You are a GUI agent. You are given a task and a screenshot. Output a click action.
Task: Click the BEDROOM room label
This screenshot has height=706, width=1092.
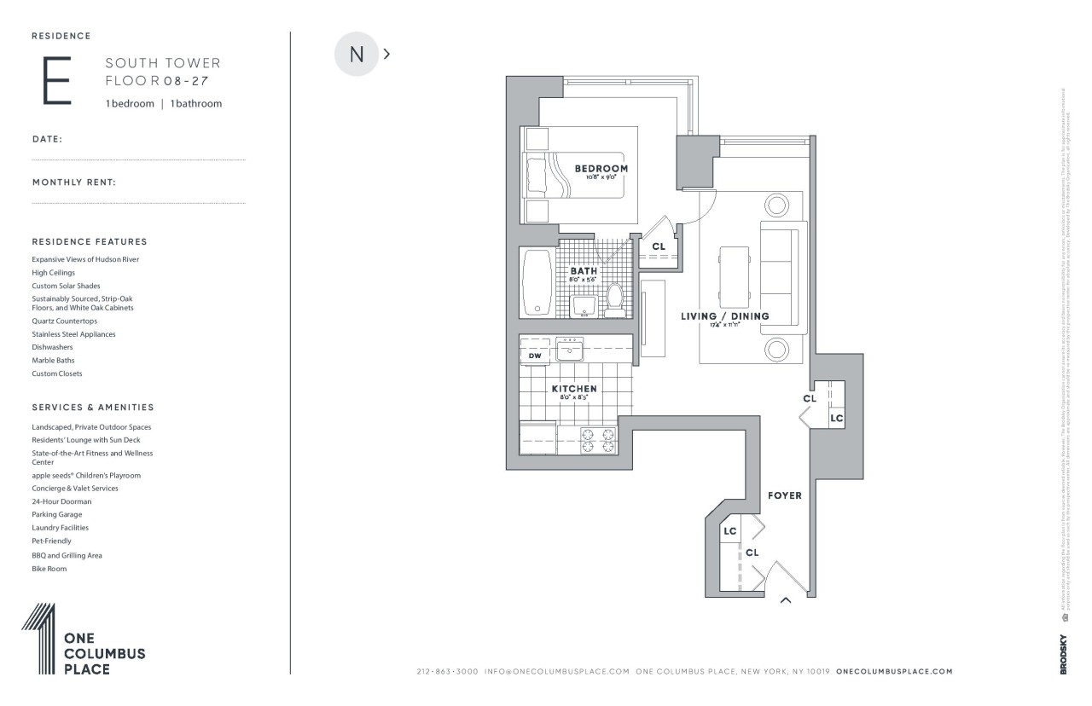click(601, 169)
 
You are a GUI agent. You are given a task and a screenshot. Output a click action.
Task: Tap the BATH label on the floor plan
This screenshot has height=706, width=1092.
click(584, 271)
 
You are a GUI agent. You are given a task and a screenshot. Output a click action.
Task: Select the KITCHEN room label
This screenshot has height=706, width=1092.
click(573, 389)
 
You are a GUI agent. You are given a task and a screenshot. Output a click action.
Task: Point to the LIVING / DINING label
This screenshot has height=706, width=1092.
click(724, 316)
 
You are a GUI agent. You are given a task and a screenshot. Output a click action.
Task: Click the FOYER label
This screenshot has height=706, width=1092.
click(784, 495)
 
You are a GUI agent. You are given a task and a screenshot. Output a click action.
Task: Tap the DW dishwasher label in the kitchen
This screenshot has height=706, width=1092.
click(535, 356)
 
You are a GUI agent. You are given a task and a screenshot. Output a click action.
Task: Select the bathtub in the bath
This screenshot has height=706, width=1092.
click(537, 282)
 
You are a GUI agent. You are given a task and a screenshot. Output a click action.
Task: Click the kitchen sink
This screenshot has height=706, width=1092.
click(569, 349)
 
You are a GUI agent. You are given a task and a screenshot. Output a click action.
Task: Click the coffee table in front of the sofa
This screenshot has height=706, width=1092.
click(734, 277)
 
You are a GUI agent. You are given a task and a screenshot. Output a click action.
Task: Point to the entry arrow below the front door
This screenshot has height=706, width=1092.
click(786, 601)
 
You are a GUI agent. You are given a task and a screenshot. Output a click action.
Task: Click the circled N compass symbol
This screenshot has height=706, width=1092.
click(357, 54)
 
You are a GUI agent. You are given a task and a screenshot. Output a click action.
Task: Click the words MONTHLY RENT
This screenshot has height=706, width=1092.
click(74, 182)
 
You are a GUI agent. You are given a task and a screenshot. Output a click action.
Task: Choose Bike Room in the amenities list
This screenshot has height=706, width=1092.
click(49, 569)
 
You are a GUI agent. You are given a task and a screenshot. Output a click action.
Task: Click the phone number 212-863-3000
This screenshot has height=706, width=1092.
click(447, 672)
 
